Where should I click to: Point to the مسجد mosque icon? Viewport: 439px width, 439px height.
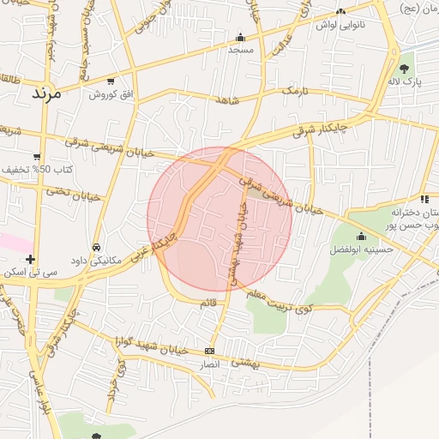240,37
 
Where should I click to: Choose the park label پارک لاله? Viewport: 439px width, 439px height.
405,81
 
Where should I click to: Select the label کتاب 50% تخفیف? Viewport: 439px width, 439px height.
35,170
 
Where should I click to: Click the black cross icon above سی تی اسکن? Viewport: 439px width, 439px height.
31,259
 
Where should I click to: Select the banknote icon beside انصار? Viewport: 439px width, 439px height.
210,352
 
